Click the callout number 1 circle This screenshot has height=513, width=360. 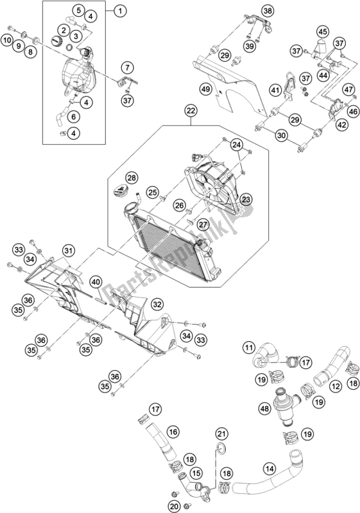tap(119, 10)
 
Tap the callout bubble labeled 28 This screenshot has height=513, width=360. tap(131, 178)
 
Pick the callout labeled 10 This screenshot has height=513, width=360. tap(7, 41)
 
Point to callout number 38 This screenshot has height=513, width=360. tap(250, 10)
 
